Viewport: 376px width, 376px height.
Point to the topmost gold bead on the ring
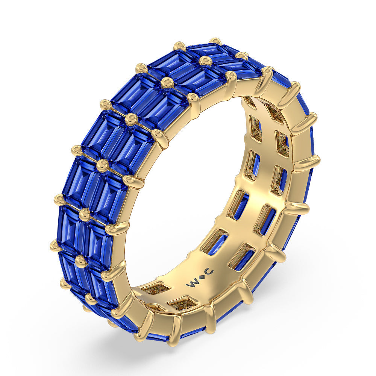point(215,41)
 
